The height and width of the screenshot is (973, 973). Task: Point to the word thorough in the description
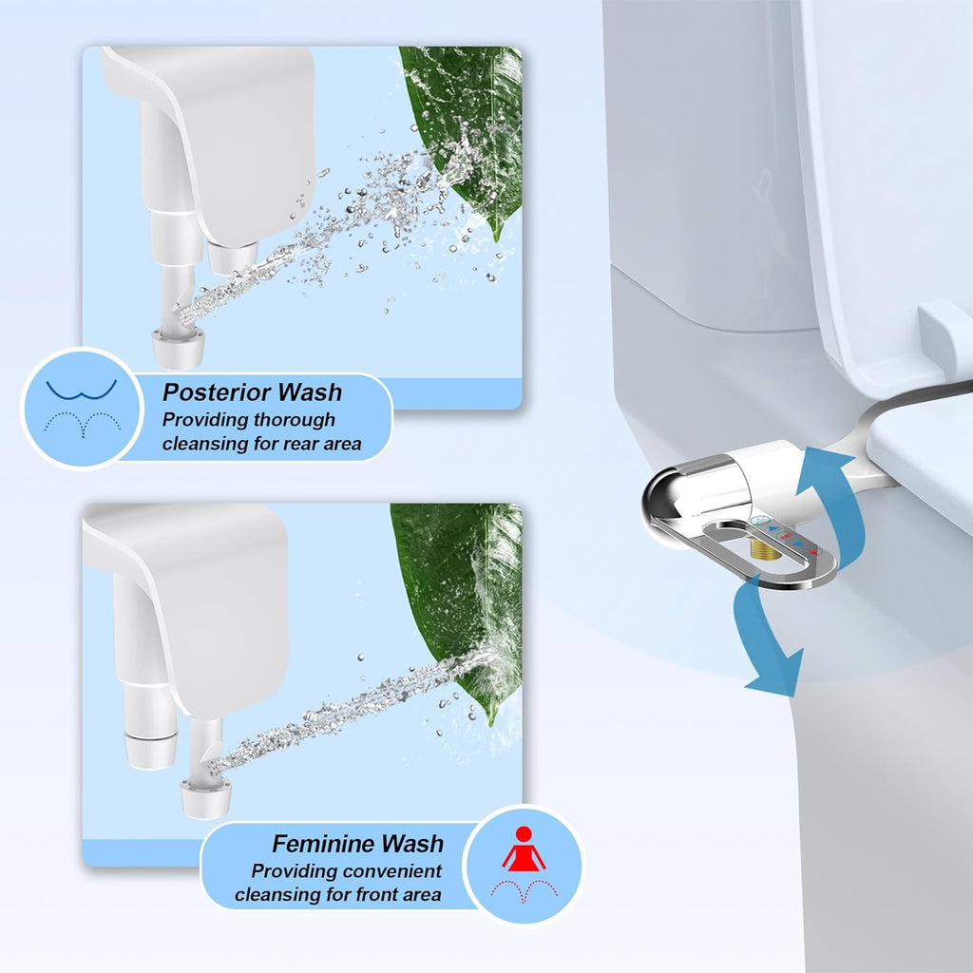click(x=296, y=419)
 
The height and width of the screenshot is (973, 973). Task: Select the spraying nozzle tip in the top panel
click(x=178, y=347)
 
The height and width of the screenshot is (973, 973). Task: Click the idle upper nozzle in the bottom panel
click(x=150, y=750)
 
